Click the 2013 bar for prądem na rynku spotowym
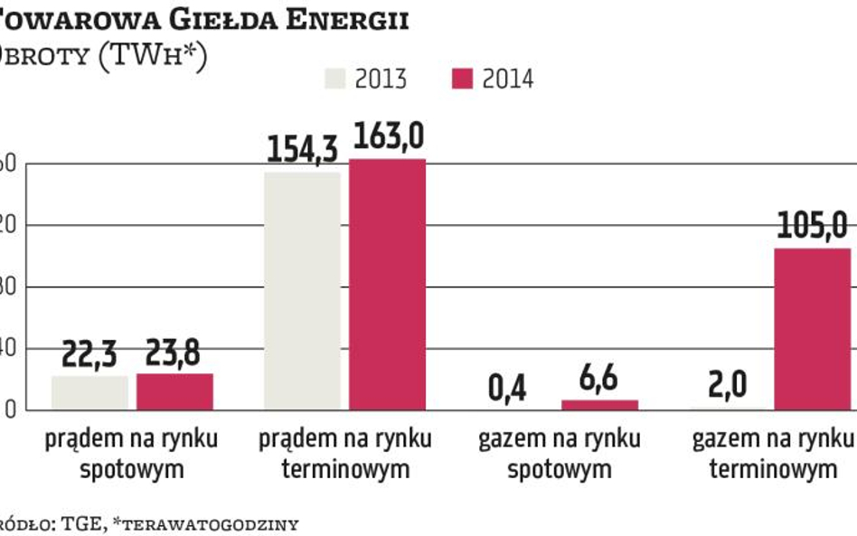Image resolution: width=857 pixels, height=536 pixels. [x=89, y=392]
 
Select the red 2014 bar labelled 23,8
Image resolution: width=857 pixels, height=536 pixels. [x=175, y=391]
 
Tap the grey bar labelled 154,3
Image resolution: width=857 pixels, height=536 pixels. [x=302, y=290]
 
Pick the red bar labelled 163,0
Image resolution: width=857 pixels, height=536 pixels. [x=387, y=284]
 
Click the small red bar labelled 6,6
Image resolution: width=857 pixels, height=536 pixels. [x=599, y=405]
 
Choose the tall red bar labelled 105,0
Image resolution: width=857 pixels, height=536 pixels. [x=812, y=329]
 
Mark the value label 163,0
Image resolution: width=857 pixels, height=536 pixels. [x=389, y=137]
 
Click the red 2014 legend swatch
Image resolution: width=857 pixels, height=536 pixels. [x=462, y=78]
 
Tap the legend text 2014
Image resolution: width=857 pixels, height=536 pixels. [x=507, y=79]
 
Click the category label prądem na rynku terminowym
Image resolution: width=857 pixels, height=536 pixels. [x=345, y=455]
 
